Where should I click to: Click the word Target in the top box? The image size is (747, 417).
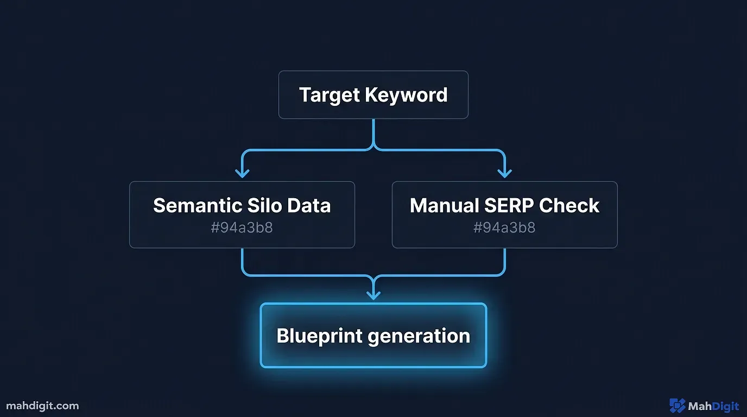click(x=330, y=95)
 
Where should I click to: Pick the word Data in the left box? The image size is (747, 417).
click(x=309, y=206)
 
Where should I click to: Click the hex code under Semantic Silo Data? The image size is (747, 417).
click(x=242, y=228)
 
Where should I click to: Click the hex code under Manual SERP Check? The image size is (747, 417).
click(x=504, y=228)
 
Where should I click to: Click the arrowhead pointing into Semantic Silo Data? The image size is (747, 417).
click(x=242, y=173)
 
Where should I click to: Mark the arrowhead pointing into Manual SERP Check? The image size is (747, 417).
click(x=504, y=173)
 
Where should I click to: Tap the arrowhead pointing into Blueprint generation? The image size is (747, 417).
click(x=373, y=295)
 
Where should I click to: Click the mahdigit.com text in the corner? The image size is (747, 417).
click(x=42, y=406)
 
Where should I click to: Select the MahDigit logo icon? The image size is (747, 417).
click(x=677, y=406)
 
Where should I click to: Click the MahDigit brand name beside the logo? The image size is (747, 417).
click(x=713, y=406)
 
